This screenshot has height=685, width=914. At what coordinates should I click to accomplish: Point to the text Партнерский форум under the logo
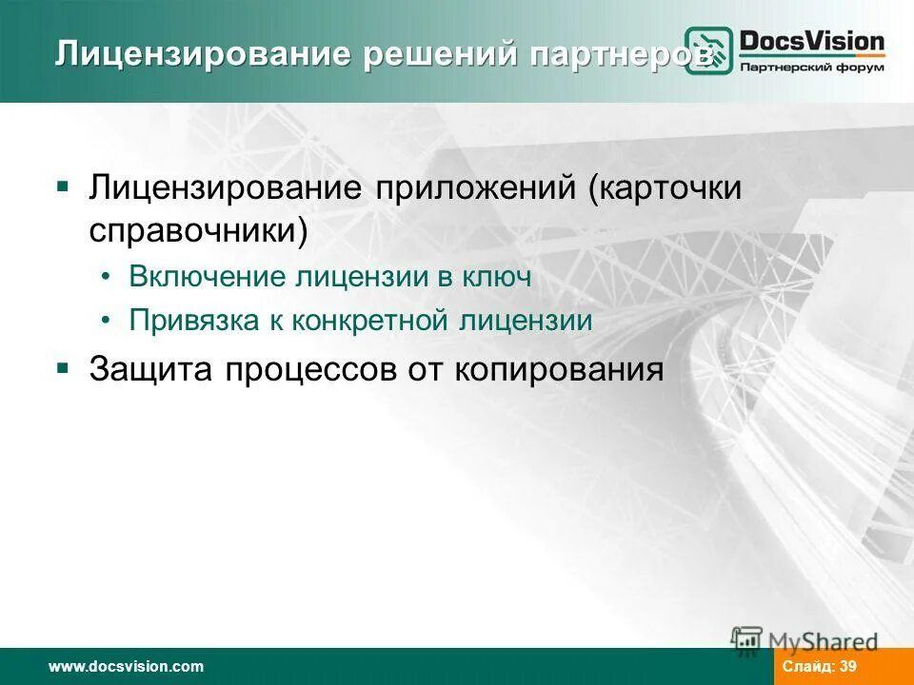(812, 68)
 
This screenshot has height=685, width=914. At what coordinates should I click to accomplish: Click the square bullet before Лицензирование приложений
(63, 184)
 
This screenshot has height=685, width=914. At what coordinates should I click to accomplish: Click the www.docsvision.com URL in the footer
(127, 667)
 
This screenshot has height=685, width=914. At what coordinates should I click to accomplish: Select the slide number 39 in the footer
(847, 667)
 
